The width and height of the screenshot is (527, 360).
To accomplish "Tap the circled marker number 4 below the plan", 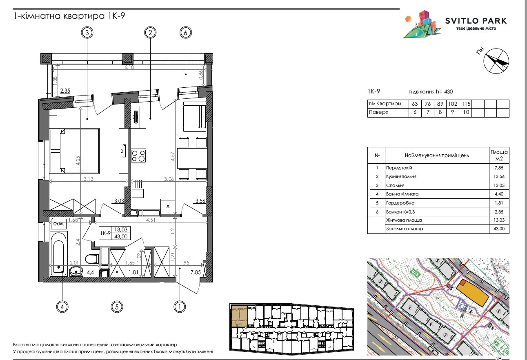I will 62,306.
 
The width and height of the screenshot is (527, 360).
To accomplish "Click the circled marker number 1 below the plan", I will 179,306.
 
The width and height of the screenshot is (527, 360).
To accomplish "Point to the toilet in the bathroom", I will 91,258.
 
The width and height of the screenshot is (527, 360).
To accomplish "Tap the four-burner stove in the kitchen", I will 138,156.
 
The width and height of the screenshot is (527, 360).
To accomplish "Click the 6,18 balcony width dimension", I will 129,68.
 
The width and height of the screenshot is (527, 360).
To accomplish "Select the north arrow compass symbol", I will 496,61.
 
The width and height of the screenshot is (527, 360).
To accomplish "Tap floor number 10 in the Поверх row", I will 465,113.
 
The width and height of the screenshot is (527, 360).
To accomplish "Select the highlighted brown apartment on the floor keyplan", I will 239,316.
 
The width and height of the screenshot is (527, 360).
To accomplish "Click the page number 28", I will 498,358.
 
